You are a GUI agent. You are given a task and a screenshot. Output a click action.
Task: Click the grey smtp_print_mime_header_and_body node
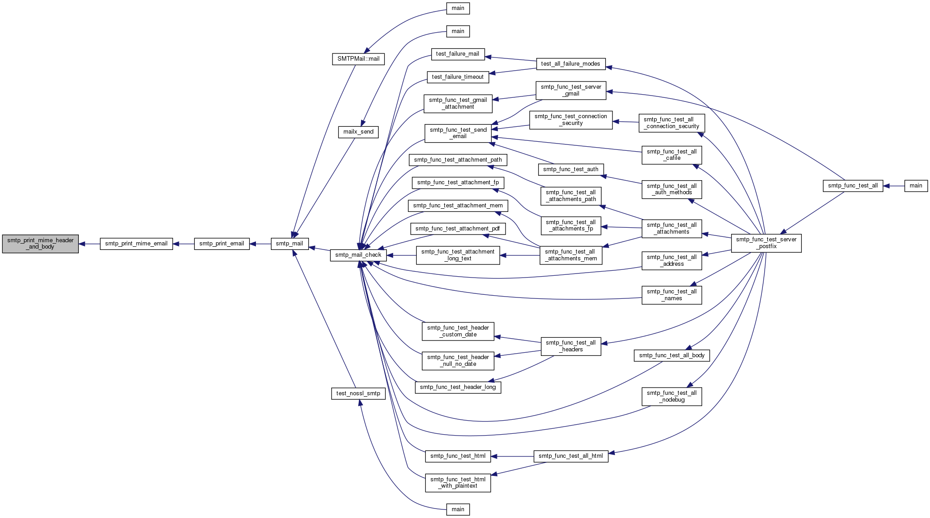point(40,244)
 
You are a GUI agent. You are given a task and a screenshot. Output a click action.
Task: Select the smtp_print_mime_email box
point(136,244)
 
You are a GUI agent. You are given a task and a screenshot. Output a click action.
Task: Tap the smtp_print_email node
point(222,244)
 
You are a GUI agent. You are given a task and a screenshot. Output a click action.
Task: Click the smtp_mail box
point(289,244)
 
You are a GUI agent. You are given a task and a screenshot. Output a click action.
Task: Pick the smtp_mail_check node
point(358,255)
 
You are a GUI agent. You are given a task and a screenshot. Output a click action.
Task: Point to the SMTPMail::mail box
point(358,59)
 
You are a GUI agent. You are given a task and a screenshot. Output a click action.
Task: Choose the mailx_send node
point(358,132)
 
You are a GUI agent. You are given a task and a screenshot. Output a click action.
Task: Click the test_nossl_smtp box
point(358,393)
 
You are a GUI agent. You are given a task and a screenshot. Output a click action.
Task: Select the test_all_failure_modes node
point(571,64)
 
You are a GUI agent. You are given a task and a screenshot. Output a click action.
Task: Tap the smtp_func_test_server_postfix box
point(766,243)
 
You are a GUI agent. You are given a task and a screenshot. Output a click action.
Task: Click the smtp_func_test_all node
point(853,186)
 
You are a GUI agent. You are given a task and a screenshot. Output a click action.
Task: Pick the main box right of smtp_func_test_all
point(916,186)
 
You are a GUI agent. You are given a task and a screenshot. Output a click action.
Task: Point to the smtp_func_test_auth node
point(571,169)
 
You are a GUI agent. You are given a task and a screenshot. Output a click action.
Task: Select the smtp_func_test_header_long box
point(458,387)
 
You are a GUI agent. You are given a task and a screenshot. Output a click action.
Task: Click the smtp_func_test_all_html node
point(571,456)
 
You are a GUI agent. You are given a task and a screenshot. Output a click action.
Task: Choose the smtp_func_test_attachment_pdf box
point(458,229)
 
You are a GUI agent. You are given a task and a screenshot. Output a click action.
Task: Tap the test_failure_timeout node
point(458,77)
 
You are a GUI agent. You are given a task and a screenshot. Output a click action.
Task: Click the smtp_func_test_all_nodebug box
point(672,397)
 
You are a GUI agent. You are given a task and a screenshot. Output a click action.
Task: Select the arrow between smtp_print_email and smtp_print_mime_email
point(183,244)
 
